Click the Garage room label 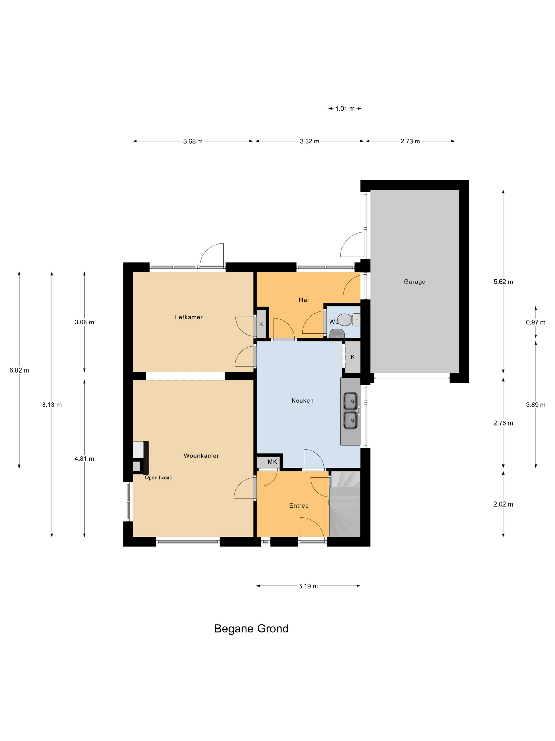coord(414,282)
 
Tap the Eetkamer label coord(188,317)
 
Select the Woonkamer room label coord(201,456)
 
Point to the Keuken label coord(302,400)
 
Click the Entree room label coord(299,505)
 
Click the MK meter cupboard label coord(272,462)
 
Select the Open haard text coord(158,477)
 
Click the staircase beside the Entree coord(345,504)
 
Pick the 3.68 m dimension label coord(193,141)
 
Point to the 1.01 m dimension coord(345,109)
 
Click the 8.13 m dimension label coord(52,405)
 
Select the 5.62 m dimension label coord(503,282)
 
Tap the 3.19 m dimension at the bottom coord(308,586)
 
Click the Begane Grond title coord(251,629)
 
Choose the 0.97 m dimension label coord(536,322)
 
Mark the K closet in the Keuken coord(353,357)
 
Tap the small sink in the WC coord(337,334)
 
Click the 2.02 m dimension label coord(503,504)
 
